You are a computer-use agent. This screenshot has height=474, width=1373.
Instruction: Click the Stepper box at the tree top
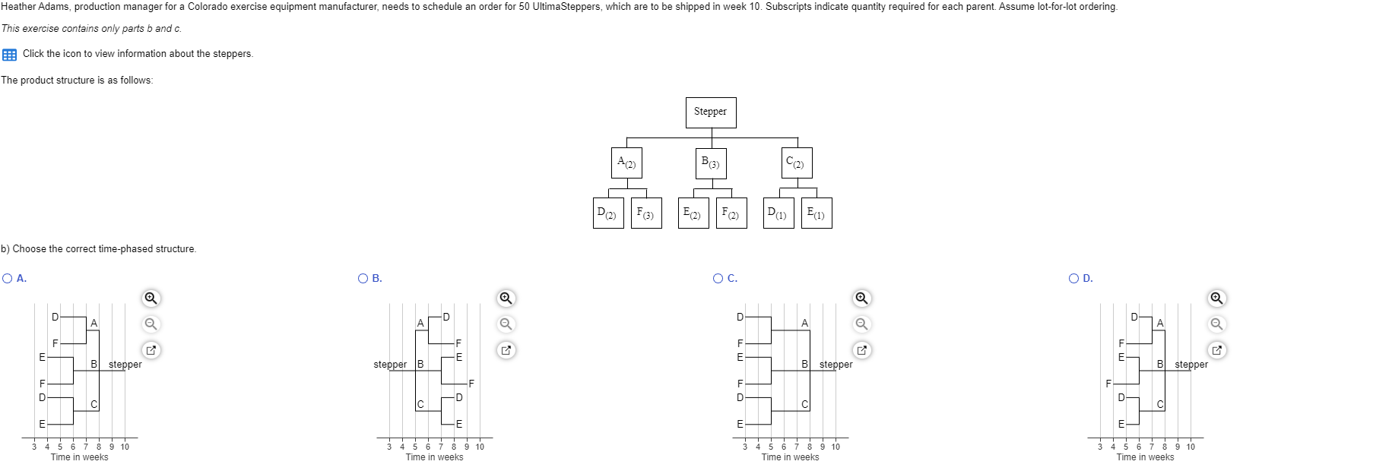pos(710,112)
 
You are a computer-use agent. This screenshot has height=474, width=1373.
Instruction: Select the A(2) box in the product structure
pos(626,163)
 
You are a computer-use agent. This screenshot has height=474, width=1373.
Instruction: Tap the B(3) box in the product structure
pos(711,163)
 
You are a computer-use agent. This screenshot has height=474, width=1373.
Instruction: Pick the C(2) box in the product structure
pos(796,163)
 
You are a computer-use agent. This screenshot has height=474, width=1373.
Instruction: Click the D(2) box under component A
pos(607,213)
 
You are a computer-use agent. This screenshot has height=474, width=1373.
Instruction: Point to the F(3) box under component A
pos(645,213)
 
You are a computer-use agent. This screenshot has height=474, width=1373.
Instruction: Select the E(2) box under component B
pos(693,213)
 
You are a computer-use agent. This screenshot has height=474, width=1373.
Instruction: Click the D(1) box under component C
pos(778,213)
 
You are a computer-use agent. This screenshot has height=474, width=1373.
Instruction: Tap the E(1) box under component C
pos(816,213)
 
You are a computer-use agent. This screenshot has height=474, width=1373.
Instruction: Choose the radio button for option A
pos(8,279)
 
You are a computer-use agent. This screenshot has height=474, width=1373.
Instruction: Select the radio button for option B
pos(363,279)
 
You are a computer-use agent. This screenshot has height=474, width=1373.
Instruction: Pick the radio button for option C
pos(718,279)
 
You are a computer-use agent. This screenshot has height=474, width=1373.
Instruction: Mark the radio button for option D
pos(1074,279)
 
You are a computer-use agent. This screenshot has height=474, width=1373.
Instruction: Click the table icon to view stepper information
pos(9,54)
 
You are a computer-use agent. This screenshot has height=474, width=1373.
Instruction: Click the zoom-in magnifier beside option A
pos(151,298)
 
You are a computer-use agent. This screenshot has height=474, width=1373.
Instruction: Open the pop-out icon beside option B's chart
pos(506,350)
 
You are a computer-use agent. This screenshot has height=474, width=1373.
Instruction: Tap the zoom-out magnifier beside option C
pos(861,324)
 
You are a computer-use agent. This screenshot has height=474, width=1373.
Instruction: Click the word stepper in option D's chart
pos(1191,365)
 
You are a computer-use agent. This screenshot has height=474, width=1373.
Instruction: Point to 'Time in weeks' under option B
pos(434,457)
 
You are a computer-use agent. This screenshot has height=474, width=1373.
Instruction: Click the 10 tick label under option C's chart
pos(836,447)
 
